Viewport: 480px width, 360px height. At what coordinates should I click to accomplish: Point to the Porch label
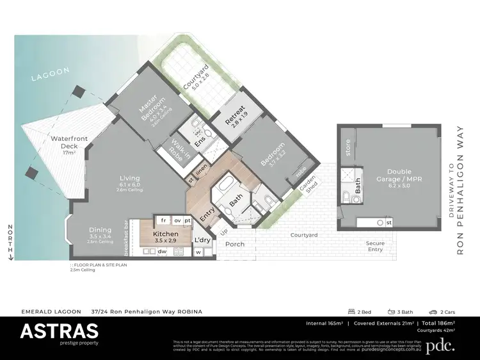(x=235, y=244)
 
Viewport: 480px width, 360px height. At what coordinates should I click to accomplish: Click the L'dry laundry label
(x=203, y=240)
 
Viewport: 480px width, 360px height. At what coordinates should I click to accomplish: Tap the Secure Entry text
(x=375, y=247)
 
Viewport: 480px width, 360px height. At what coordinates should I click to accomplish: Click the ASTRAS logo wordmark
(x=59, y=331)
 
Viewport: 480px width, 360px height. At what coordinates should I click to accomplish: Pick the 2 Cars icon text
(x=443, y=311)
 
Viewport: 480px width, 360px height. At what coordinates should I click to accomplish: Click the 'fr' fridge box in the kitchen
(x=164, y=220)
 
